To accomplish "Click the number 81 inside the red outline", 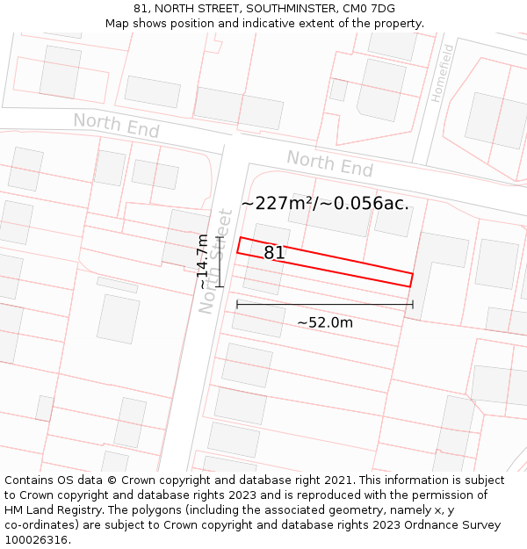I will [274, 253].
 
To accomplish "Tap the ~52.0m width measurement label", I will [325, 322].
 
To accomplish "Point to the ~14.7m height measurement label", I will [203, 262].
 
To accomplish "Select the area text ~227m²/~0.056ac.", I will [325, 203].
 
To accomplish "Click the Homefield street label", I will [443, 72].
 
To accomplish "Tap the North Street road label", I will [216, 261].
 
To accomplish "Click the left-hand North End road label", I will [116, 125].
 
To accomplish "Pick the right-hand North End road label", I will [329, 163].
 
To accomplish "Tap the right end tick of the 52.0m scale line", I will [413, 305].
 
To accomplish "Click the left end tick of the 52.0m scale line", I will [237, 305].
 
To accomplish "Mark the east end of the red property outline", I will [411, 279].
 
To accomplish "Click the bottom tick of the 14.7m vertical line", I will [220, 286].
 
